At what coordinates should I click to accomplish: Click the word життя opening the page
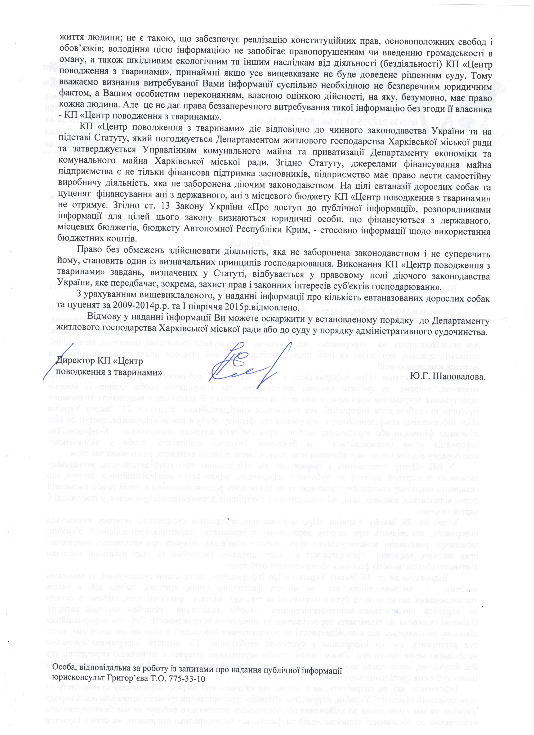point(70,42)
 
